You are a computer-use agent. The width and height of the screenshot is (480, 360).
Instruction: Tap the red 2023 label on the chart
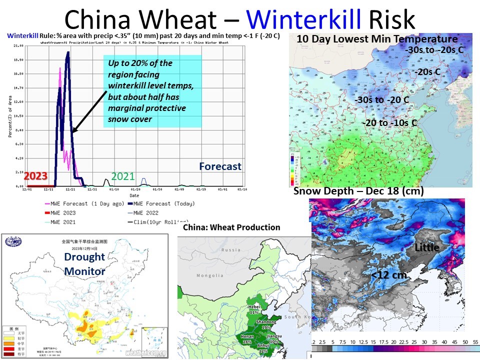click(x=35, y=176)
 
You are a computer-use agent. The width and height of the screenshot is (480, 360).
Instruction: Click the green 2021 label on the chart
click(x=122, y=176)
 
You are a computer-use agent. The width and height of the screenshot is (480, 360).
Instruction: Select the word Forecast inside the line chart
click(x=220, y=166)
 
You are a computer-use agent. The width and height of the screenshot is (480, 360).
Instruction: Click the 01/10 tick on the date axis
click(x=113, y=189)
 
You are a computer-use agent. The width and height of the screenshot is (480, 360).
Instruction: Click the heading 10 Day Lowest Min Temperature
click(x=377, y=39)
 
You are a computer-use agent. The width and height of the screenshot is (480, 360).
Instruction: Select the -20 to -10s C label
click(x=389, y=122)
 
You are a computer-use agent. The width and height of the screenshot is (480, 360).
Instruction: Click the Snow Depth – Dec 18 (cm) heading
click(x=358, y=191)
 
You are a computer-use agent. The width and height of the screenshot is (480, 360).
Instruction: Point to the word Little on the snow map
click(x=426, y=247)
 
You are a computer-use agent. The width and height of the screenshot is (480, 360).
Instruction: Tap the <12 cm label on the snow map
click(x=388, y=274)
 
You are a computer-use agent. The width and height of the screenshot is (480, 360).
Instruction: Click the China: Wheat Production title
click(x=231, y=227)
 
